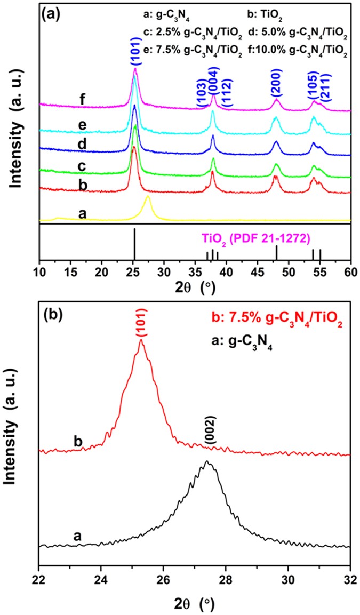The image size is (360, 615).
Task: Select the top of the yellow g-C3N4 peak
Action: coord(148,197)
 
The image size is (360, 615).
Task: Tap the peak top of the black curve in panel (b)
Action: coord(207,462)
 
